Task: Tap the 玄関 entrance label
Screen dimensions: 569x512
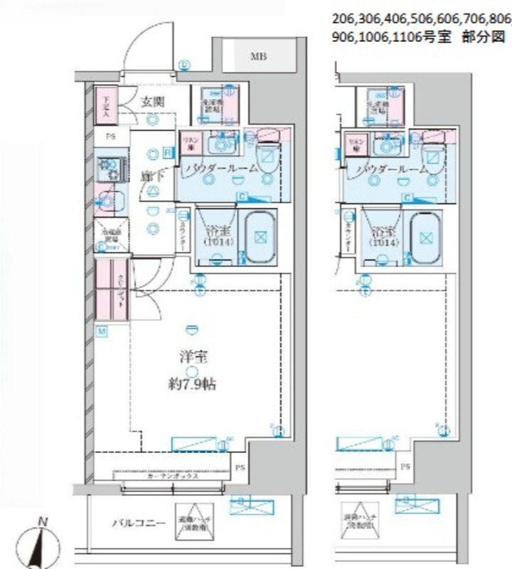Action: [x=151, y=102]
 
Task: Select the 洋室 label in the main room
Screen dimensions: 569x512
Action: [x=188, y=358]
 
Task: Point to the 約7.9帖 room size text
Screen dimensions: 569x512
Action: [x=188, y=385]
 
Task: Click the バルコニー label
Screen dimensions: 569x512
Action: [x=138, y=523]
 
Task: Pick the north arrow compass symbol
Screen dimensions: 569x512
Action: [x=43, y=546]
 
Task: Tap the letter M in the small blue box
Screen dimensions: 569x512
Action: [x=102, y=331]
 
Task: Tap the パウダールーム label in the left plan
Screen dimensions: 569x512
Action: [x=220, y=169]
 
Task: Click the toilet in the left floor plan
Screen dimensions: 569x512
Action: [x=266, y=153]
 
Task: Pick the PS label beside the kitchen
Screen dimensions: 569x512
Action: [x=111, y=136]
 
